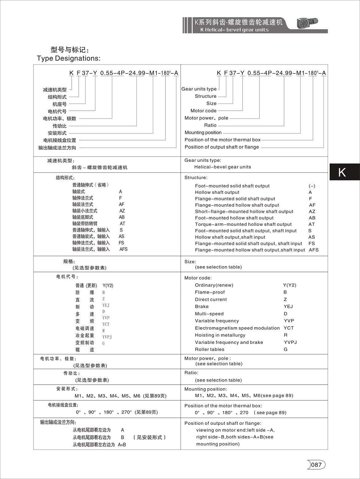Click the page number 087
tap(316, 465)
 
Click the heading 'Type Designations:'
tap(69, 58)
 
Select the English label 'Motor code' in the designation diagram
tap(204, 111)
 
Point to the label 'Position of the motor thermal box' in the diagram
tap(222, 140)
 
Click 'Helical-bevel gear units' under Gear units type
tap(223, 167)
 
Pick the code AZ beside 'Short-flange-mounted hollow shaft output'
tap(312, 211)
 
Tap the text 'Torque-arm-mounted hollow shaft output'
tap(243, 224)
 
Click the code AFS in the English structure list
tap(314, 250)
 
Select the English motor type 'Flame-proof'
tap(210, 292)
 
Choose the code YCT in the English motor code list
tap(289, 328)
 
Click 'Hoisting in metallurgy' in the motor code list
tap(220, 335)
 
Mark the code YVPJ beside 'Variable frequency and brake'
tap(290, 342)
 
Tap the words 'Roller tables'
tap(210, 349)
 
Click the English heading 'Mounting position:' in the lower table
tap(206, 389)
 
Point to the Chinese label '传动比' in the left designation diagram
tap(59, 126)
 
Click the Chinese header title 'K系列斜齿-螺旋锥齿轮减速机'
tap(238, 22)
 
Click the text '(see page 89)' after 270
tap(270, 413)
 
